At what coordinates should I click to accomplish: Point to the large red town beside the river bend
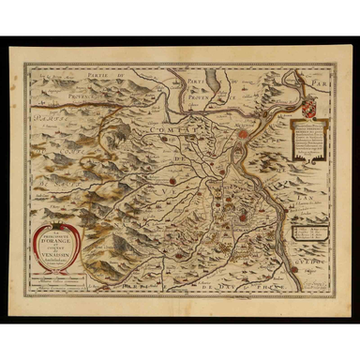click(242, 136)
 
